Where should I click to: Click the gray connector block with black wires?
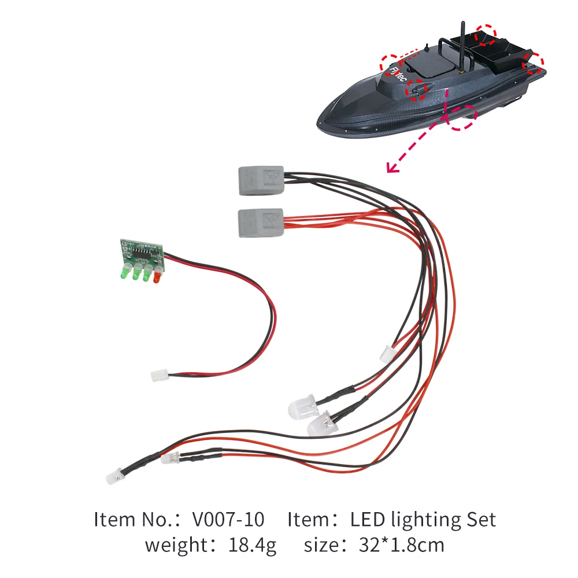(x=260, y=180)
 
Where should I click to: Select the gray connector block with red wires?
(x=260, y=222)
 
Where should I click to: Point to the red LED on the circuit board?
(x=157, y=277)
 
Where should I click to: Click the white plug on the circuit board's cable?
(x=157, y=376)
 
